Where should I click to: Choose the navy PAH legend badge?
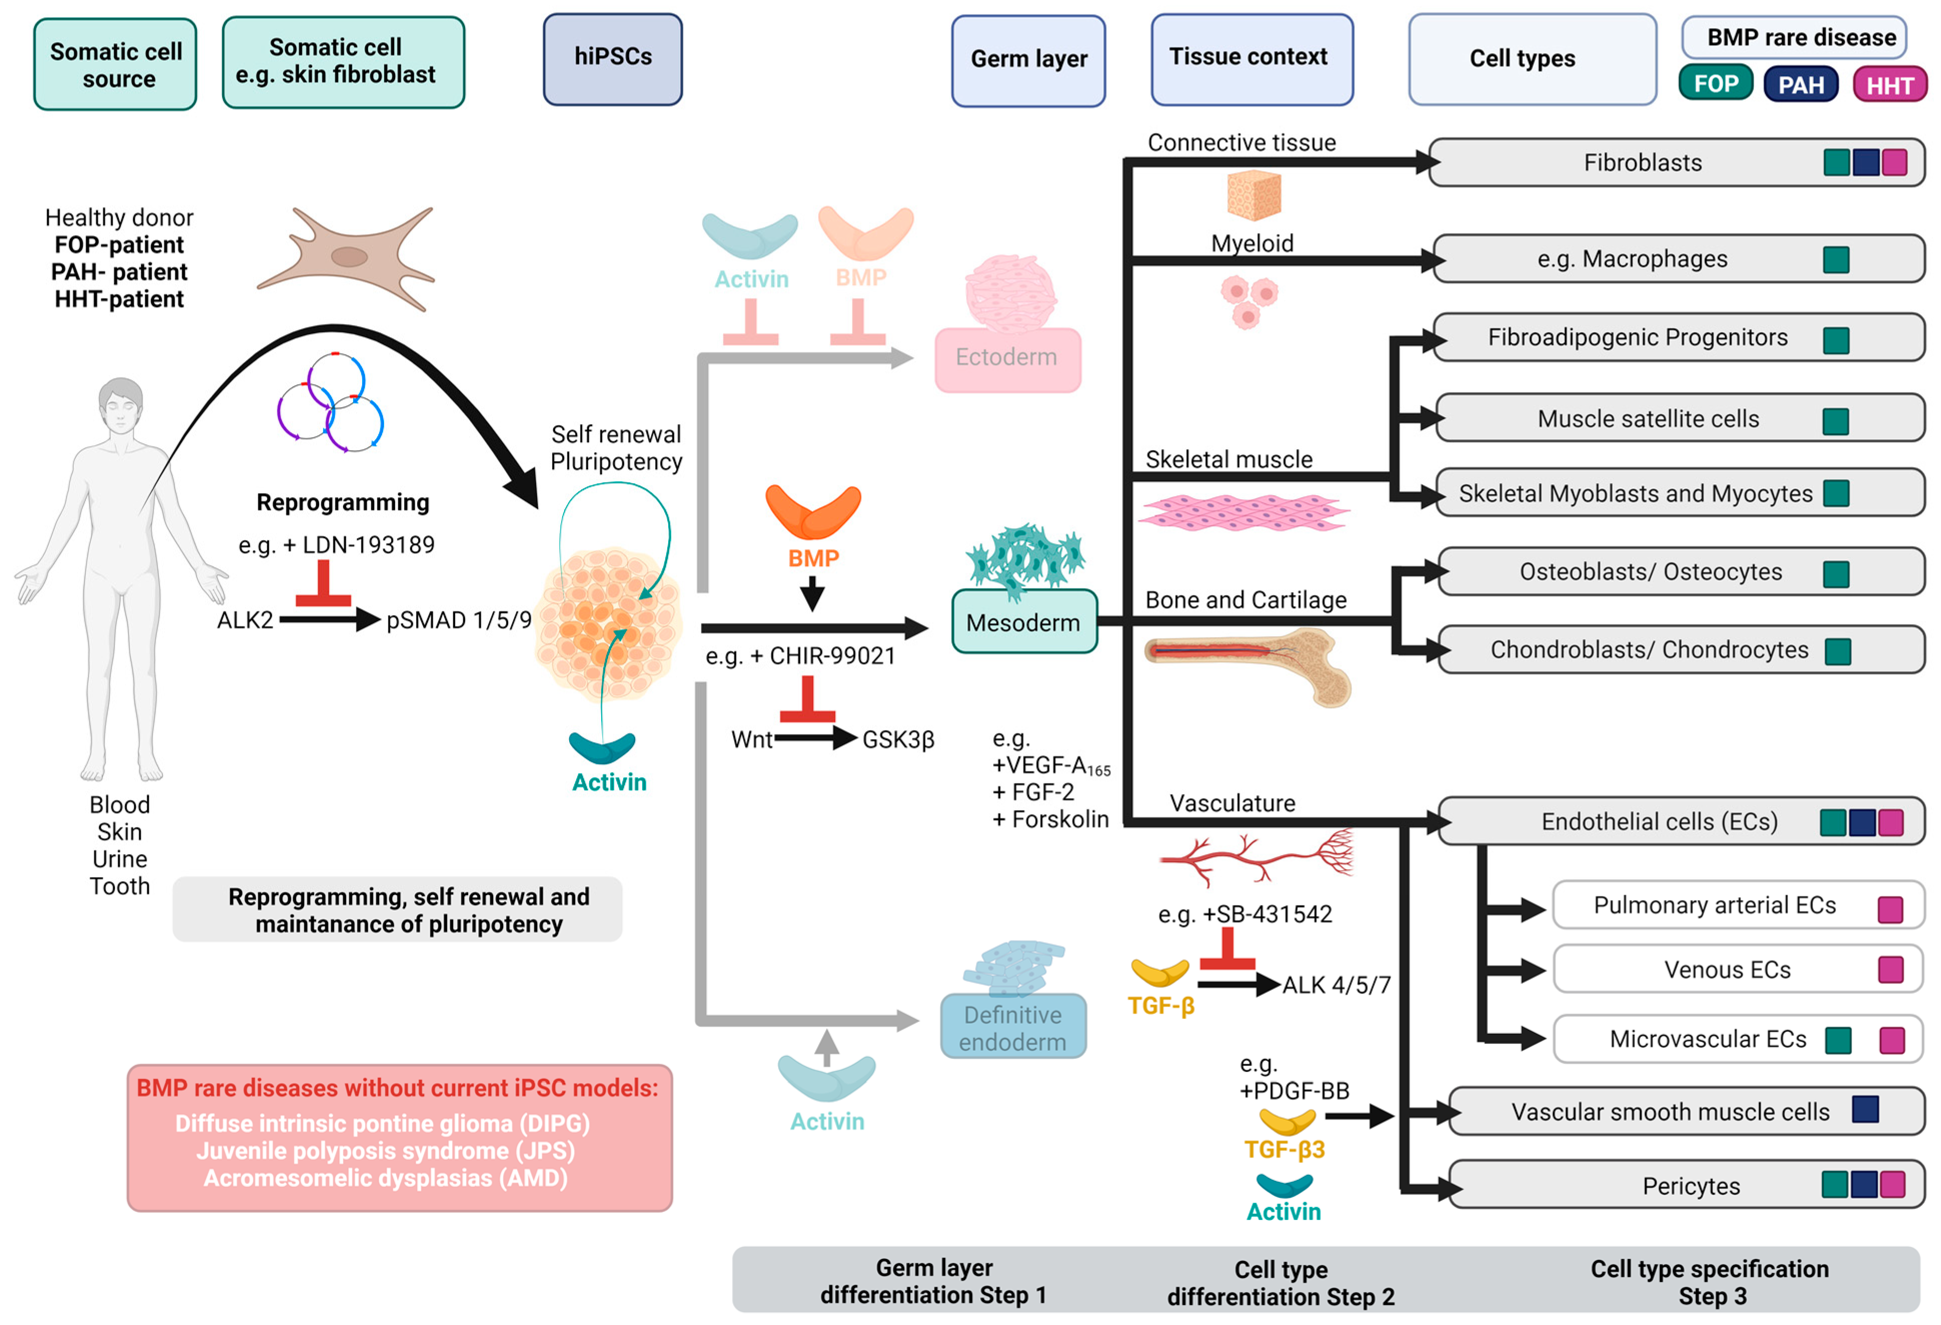(1800, 85)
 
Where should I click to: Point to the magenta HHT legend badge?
(1889, 85)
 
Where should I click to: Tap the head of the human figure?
(121, 405)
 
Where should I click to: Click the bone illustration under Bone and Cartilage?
(1249, 664)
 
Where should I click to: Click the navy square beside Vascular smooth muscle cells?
(1865, 1109)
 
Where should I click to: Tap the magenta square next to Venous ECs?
(1890, 969)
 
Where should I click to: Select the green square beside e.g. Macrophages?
(1836, 260)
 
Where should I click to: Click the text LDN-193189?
(368, 545)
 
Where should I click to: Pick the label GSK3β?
(898, 740)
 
